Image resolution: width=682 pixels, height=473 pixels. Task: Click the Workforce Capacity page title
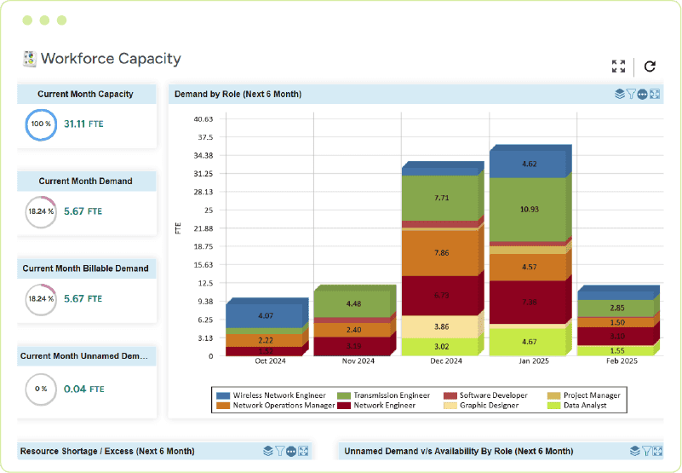(x=111, y=59)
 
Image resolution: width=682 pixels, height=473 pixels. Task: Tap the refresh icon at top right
(x=650, y=66)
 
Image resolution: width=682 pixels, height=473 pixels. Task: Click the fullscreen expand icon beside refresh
(x=619, y=66)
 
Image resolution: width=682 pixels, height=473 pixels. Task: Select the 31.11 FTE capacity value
(x=83, y=124)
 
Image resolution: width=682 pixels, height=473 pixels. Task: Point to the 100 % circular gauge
(x=40, y=124)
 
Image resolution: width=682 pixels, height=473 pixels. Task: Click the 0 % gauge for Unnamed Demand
(x=40, y=389)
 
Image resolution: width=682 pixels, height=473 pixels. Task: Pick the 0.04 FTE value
(x=83, y=389)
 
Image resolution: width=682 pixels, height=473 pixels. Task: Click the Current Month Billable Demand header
(x=85, y=268)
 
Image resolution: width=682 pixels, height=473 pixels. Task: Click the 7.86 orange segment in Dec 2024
(x=441, y=252)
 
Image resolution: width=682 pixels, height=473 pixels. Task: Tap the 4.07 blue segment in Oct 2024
(x=266, y=316)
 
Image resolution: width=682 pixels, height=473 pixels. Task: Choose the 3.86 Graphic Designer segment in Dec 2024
(x=441, y=326)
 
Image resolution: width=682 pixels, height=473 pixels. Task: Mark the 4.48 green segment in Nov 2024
(x=353, y=304)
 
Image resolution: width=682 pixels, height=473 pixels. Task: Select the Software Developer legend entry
(x=493, y=395)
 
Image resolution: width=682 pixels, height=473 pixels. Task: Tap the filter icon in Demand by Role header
(x=631, y=94)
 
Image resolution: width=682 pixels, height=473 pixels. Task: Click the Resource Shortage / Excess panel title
(x=107, y=451)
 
